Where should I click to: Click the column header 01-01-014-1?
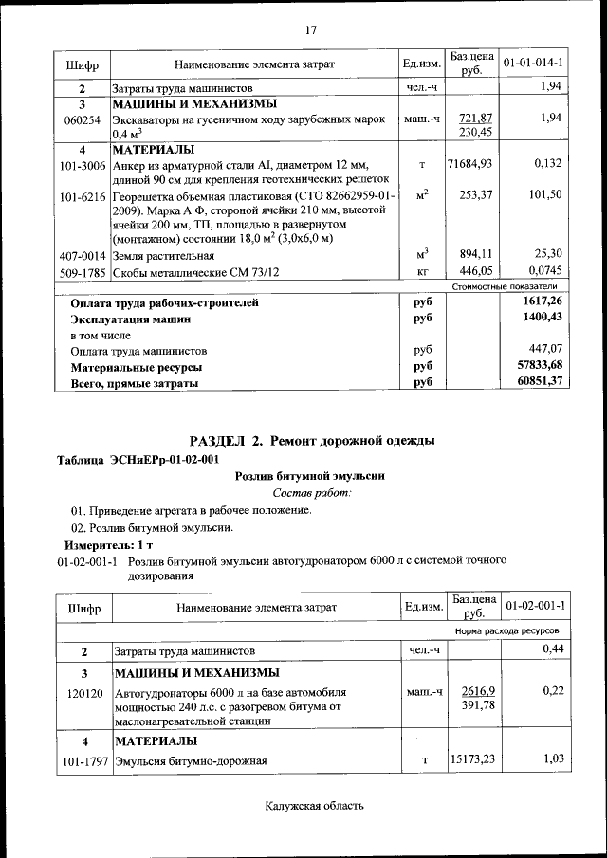[x=533, y=64]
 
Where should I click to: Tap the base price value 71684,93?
[x=470, y=164]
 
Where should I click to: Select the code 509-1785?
[x=83, y=272]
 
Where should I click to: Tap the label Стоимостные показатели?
[x=504, y=286]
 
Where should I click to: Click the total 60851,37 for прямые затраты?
[x=535, y=381]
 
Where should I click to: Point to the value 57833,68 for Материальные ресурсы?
[x=535, y=365]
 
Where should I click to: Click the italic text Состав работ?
[x=312, y=493]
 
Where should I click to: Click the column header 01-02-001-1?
[x=534, y=605]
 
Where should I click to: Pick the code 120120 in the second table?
[x=83, y=692]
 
